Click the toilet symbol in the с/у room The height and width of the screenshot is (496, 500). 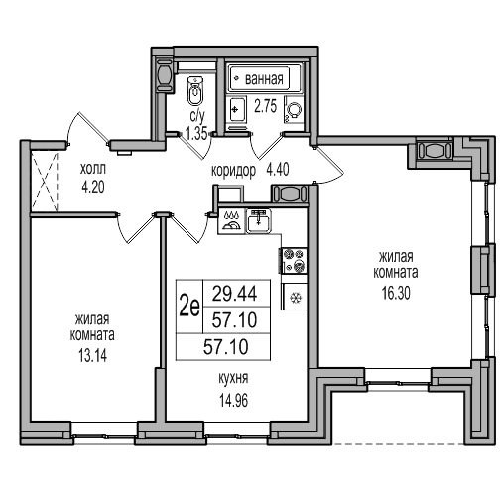click(195, 90)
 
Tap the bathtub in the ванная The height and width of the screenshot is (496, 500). click(265, 78)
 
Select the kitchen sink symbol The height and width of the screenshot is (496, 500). click(258, 221)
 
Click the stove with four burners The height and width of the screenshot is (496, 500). click(294, 261)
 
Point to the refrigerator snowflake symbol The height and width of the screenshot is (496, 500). click(294, 298)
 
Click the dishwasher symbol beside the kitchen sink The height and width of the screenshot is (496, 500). click(231, 221)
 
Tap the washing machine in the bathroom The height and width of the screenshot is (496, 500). click(294, 109)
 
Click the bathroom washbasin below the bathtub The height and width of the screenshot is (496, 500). click(237, 109)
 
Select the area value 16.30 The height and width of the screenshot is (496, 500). click(396, 293)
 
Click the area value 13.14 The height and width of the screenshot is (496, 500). click(92, 356)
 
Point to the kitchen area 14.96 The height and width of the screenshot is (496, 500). click(233, 401)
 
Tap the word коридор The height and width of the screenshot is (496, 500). click(233, 171)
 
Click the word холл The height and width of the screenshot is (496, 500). click(93, 169)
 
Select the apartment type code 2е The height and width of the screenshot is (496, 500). click(189, 307)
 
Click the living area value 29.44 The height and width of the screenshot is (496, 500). click(234, 294)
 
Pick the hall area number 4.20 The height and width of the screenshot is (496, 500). click(93, 187)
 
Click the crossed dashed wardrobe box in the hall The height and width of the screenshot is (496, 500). click(45, 182)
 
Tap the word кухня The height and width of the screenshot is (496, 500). click(233, 378)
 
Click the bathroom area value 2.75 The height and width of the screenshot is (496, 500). click(265, 106)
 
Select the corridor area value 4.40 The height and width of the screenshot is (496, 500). click(278, 169)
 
